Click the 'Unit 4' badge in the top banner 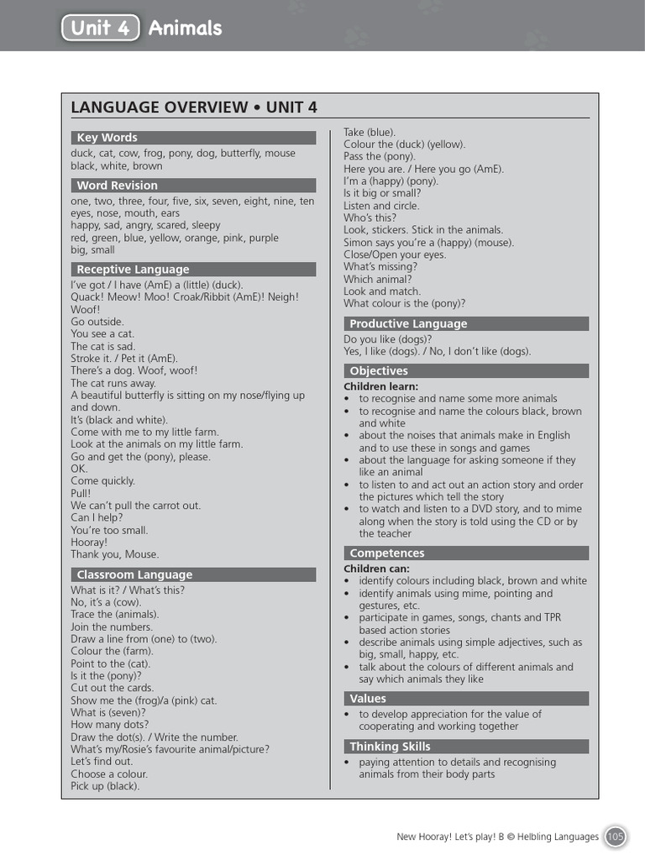tap(100, 28)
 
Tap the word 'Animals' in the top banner tap(185, 28)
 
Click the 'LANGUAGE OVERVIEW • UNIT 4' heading tap(194, 107)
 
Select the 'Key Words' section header tap(107, 138)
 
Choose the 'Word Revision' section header tap(117, 186)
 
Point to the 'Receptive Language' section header tap(133, 270)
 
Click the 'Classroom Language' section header tap(134, 574)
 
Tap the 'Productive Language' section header tap(408, 323)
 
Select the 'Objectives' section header tap(379, 370)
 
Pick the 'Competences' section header tap(387, 553)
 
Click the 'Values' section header tap(368, 698)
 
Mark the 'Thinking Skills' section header tap(390, 746)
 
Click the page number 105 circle tap(616, 836)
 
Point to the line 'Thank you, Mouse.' tap(114, 554)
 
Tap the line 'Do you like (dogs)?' tap(388, 339)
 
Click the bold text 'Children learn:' tap(377, 385)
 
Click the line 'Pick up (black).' tap(105, 786)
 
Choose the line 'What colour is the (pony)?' tap(404, 303)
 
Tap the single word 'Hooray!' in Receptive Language tap(88, 543)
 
